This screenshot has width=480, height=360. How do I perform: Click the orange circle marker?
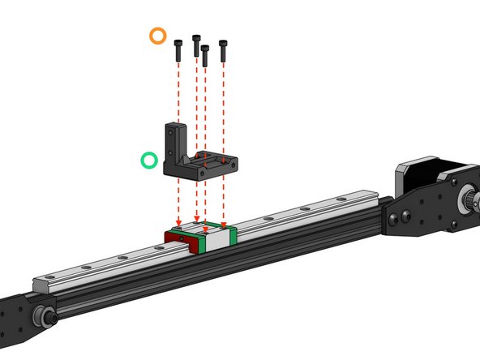click(158, 36)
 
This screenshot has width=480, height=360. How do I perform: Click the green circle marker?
click(149, 160)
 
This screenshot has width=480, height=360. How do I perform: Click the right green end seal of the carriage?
click(233, 236)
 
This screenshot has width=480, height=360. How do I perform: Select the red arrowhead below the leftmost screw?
click(178, 221)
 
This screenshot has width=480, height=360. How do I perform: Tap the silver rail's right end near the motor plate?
click(373, 195)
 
